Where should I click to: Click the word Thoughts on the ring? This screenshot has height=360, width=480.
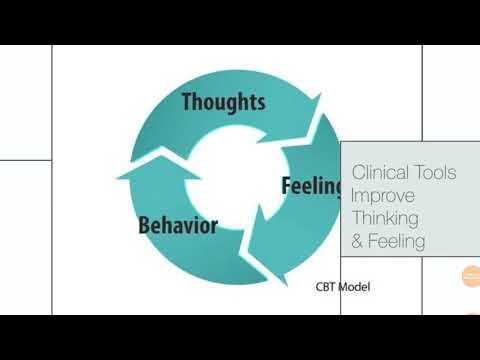[x=223, y=101]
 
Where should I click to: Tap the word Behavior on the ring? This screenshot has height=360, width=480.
[x=177, y=224]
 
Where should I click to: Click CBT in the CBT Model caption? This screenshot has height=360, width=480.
[x=326, y=287]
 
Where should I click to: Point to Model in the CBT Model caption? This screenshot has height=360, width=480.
[x=355, y=287]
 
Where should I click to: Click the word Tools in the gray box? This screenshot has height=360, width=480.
[x=438, y=173]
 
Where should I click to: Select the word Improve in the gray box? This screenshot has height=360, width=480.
[x=380, y=196]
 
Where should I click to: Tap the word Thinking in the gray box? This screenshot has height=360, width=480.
[x=385, y=218]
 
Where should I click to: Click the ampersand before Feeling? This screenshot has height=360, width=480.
[x=358, y=241]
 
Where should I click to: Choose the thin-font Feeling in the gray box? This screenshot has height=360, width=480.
[x=398, y=241]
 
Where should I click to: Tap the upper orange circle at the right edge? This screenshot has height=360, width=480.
[x=471, y=276]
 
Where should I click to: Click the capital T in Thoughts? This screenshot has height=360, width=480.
[x=188, y=101]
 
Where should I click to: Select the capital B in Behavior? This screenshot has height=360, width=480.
[x=144, y=224]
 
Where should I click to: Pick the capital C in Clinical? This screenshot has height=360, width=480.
[x=359, y=173]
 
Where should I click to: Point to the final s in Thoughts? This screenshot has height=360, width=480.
[x=260, y=102]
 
